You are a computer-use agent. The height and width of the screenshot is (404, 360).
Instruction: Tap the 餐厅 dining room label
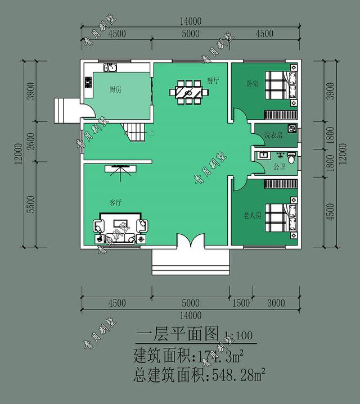coord(213,80)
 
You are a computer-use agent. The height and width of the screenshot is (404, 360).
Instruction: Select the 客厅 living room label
coord(116,203)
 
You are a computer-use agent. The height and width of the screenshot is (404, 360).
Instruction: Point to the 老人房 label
coord(252,215)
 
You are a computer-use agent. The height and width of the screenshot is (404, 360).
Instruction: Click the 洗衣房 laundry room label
coord(273,135)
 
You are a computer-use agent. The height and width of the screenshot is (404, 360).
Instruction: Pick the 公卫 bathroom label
coord(279,167)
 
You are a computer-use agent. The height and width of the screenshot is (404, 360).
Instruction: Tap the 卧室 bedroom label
coord(252,84)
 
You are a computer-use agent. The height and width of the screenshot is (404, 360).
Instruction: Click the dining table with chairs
coord(189,92)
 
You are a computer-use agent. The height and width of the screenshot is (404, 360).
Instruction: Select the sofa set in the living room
coord(120,228)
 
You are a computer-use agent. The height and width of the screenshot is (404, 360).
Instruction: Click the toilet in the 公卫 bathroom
coord(291,156)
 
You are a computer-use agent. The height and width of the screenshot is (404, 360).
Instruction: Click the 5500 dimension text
coord(31,205)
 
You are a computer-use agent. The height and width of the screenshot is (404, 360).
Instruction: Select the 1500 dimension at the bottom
coord(241,303)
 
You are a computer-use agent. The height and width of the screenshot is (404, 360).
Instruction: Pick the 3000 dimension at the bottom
coord(276,303)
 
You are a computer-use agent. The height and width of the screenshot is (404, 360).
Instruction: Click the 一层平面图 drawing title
coord(177,335)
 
